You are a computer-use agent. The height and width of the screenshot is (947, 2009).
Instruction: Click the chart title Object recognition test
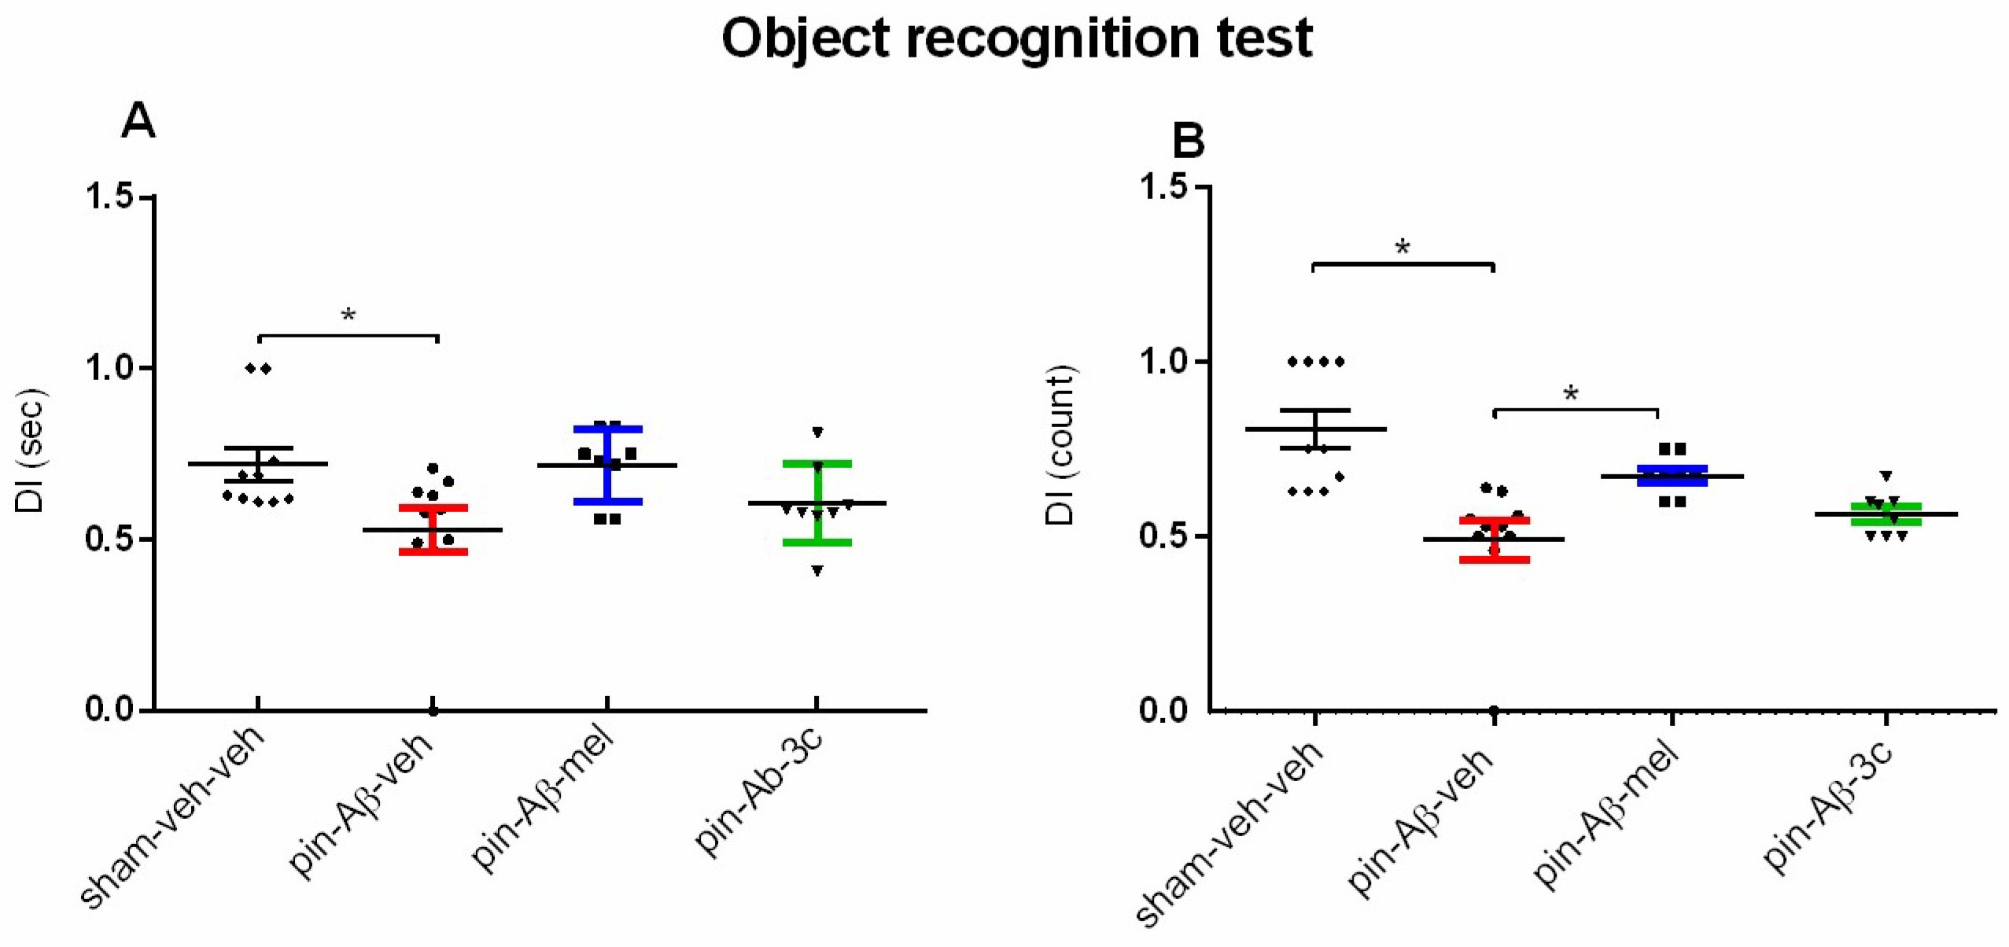click(x=1016, y=39)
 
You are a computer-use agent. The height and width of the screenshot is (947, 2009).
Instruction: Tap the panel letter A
click(x=138, y=122)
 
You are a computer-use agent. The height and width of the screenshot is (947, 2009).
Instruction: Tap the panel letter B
click(x=1188, y=142)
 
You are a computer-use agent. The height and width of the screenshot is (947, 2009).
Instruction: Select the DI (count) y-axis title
click(x=1060, y=445)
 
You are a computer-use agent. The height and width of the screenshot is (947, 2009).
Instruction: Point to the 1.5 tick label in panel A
click(x=110, y=196)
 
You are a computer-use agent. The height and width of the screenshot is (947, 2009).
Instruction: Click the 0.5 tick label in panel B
click(x=1163, y=537)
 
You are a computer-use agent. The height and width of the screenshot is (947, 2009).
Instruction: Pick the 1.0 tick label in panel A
click(x=110, y=368)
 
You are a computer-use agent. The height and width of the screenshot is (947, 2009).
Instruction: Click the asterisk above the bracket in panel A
click(x=348, y=317)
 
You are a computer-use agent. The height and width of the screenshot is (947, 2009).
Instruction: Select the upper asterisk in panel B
click(x=1403, y=249)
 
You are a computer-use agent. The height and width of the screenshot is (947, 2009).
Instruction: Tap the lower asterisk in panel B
click(x=1571, y=394)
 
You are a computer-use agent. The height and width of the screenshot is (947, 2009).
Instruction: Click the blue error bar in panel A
click(x=607, y=466)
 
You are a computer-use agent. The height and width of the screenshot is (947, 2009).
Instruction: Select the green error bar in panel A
click(x=817, y=503)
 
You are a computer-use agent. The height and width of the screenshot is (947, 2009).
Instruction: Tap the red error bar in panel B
click(x=1494, y=540)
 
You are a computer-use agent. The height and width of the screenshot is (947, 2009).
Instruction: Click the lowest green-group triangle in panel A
click(x=817, y=571)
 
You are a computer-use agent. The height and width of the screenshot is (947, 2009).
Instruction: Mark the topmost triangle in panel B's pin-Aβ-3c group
click(x=1886, y=477)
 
